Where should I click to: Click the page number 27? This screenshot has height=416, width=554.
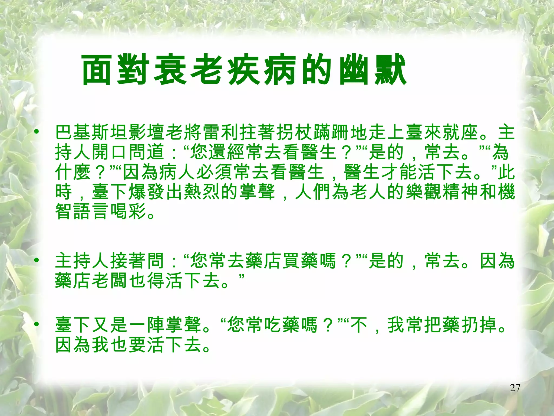pyautogui.click(x=515, y=388)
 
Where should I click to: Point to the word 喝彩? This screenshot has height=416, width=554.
pyautogui.click(x=128, y=211)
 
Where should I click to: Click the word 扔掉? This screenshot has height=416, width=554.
pyautogui.click(x=479, y=325)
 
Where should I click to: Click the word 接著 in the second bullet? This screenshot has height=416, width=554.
pyautogui.click(x=128, y=261)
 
